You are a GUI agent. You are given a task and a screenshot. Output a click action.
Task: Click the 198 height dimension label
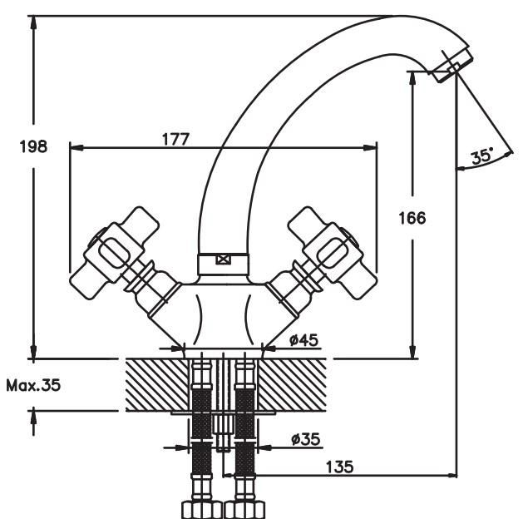tap(33, 146)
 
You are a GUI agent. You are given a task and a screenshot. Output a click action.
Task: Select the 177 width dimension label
tap(175, 139)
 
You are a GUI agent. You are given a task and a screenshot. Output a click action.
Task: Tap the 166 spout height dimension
tap(412, 218)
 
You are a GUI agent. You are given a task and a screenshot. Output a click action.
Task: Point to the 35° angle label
tap(481, 156)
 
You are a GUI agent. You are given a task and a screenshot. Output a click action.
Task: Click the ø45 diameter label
tap(303, 340)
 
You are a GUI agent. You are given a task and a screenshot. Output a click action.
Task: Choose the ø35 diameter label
tap(305, 439)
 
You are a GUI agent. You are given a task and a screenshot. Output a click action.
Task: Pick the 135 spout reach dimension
tap(339, 467)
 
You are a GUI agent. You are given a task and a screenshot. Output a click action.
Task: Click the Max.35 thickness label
tap(33, 386)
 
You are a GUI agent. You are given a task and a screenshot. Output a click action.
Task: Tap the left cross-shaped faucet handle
tap(114, 254)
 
